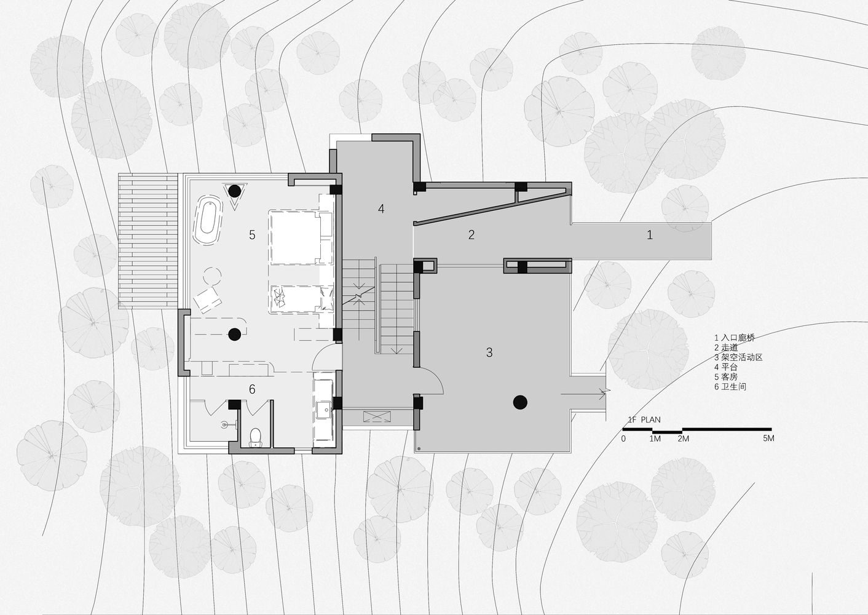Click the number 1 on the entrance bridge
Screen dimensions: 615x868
pos(649,234)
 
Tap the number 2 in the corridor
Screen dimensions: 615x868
pos(471,234)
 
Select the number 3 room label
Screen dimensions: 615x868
pos(489,352)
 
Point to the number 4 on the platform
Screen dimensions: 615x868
pos(381,209)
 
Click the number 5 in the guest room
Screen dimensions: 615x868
pos(252,234)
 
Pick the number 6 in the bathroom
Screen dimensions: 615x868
pos(252,389)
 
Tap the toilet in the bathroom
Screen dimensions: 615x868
pos(255,437)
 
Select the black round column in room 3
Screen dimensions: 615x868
pos(520,402)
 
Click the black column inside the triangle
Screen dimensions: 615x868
pos(234,191)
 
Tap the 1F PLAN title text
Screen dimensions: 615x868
pos(644,419)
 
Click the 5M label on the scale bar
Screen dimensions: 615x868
pos(768,438)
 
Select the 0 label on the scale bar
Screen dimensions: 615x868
pos(623,438)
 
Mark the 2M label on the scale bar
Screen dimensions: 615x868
pos(683,438)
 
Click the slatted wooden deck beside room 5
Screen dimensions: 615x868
pos(148,240)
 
